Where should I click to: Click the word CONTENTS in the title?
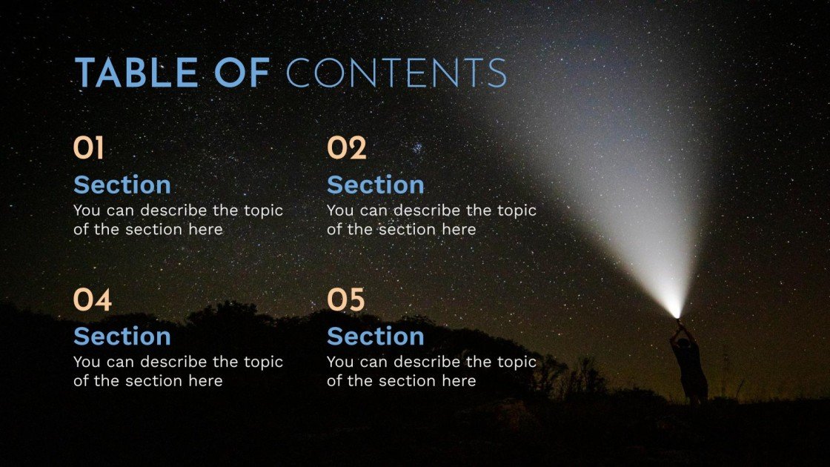pos(396,74)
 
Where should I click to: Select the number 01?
pos(88,149)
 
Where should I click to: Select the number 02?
pos(346,149)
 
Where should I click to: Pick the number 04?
pos(92,300)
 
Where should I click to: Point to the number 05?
pos(346,300)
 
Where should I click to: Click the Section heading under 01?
pos(122,185)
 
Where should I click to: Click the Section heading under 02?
pos(375,185)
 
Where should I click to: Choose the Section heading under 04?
pos(122,337)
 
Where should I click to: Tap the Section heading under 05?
pos(375,337)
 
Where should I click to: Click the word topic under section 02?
pos(517,211)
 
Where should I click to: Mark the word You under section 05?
pos(339,362)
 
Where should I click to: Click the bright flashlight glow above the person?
pos(674,307)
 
